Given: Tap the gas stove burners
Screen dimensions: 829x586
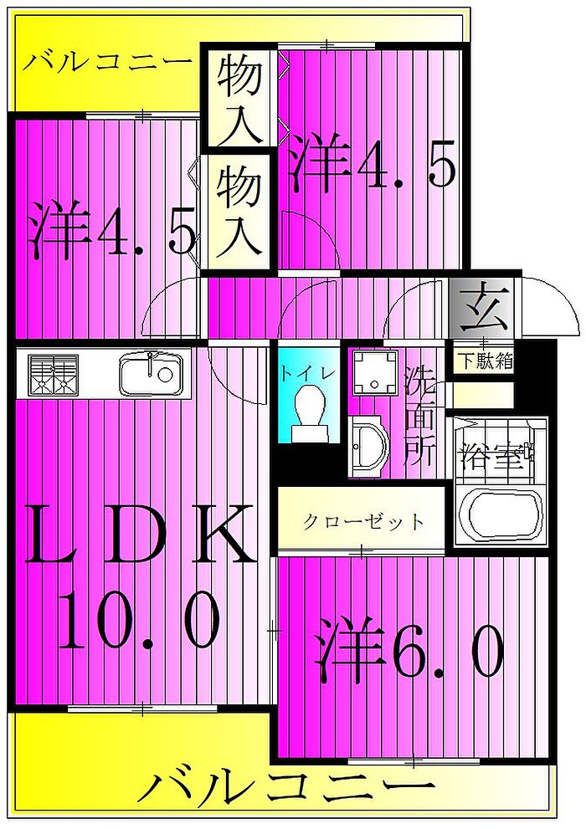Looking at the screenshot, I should pos(53,373).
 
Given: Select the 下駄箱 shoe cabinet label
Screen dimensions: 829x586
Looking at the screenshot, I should pos(484,362).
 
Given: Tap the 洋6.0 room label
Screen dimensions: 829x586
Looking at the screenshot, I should pos(410,652).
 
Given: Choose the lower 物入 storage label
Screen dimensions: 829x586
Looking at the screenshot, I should pos(240,209).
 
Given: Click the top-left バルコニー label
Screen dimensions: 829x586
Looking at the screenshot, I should pos(108,64).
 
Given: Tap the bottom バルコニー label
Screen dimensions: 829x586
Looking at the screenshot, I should pos(286,787).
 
